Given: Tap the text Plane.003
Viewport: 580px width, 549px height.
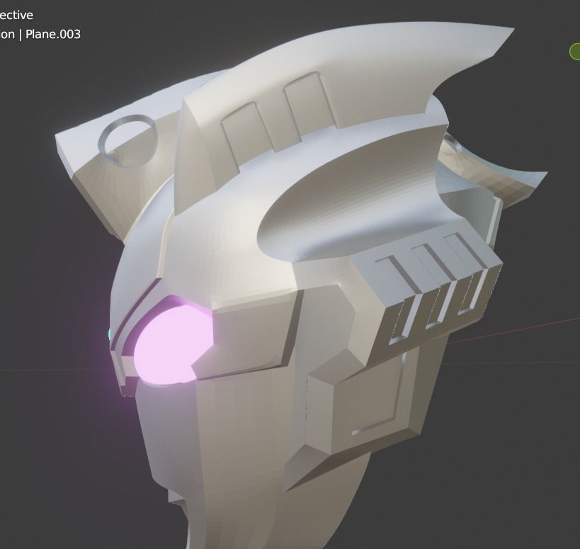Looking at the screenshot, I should click(53, 34).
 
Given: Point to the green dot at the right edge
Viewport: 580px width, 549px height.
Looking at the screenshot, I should click(574, 51).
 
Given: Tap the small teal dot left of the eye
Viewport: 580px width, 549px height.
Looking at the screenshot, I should click(110, 334).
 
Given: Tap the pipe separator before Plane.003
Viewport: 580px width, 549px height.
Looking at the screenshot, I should click(21, 34).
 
